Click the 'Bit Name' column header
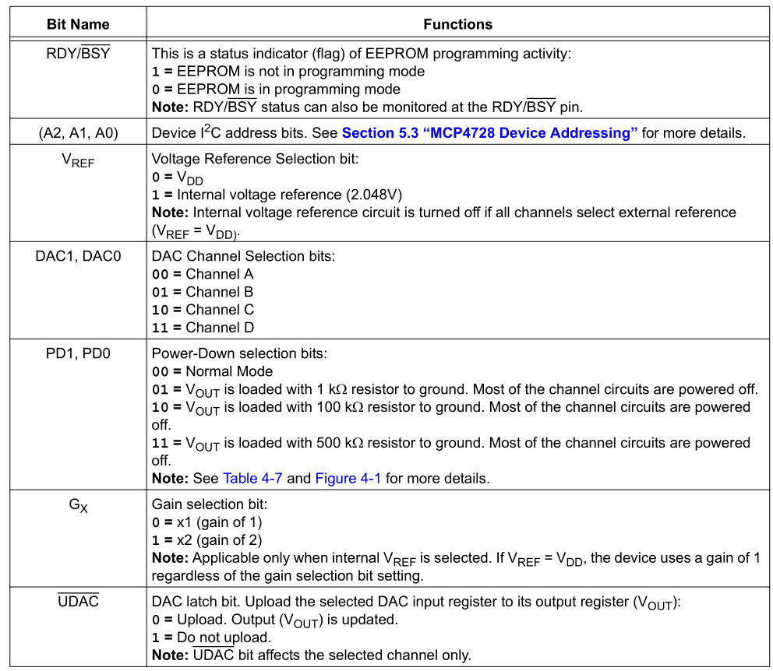point(78,24)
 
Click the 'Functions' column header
point(457,24)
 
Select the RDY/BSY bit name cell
point(78,54)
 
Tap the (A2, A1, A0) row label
point(78,133)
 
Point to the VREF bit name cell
point(78,160)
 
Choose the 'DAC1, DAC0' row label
point(78,256)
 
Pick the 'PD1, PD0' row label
point(78,353)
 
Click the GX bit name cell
point(78,505)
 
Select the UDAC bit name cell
point(78,601)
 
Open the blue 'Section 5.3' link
point(489,133)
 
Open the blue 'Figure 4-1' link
point(348,478)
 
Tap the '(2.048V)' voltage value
point(374,195)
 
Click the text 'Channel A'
point(219,274)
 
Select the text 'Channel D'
point(219,328)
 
